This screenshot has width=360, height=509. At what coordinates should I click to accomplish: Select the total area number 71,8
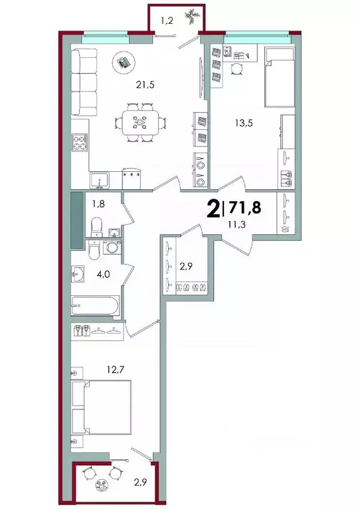tap(244, 208)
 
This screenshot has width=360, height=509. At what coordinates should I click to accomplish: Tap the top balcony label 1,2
tap(167, 21)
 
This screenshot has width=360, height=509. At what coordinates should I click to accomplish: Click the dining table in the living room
tap(140, 121)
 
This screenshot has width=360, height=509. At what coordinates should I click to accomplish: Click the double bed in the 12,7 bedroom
tap(102, 407)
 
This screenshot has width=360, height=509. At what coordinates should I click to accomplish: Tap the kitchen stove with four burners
tap(80, 143)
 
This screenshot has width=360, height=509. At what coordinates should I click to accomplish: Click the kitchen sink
tap(100, 178)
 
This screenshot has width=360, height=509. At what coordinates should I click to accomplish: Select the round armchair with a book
tap(122, 62)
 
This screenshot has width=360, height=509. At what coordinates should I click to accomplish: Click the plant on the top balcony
tap(191, 13)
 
